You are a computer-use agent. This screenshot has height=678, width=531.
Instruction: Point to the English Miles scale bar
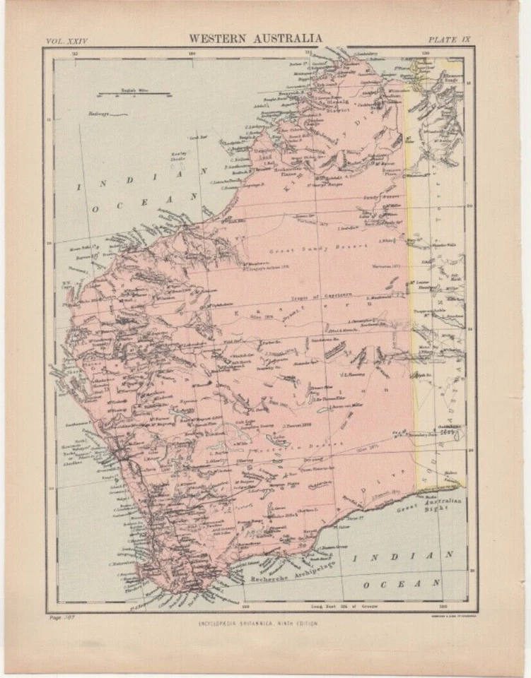[x=134, y=92]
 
